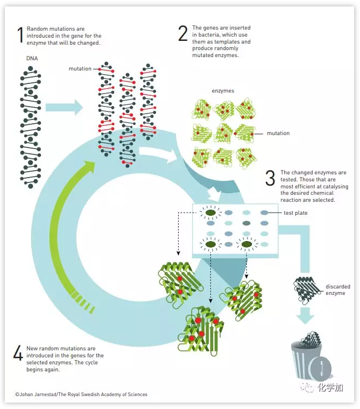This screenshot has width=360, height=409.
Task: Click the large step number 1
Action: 20,35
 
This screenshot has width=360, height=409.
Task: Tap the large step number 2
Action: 183,33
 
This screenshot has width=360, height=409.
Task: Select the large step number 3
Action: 270,179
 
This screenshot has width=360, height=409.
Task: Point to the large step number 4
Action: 18,353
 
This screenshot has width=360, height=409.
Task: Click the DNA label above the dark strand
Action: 32,58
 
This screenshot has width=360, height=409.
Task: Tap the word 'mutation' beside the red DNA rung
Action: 80,69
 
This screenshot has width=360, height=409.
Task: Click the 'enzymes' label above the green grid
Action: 223,91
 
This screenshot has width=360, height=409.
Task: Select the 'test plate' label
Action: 295,213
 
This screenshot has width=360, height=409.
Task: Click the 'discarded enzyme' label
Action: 338,290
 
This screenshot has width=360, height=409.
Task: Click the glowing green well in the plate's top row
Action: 210,213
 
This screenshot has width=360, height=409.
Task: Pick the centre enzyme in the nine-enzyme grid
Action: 223,132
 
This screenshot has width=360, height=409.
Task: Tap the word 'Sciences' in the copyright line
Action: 136,394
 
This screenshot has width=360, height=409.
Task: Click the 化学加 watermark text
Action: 330,387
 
